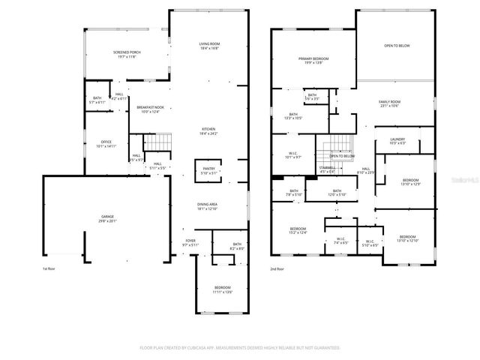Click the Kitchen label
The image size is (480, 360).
208,131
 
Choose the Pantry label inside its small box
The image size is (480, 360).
208,169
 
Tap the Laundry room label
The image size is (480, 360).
397,141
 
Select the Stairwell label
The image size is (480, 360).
327,169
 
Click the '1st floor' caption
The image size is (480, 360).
50,268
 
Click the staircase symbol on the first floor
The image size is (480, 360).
157,141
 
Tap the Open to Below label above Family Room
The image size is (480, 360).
395,45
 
